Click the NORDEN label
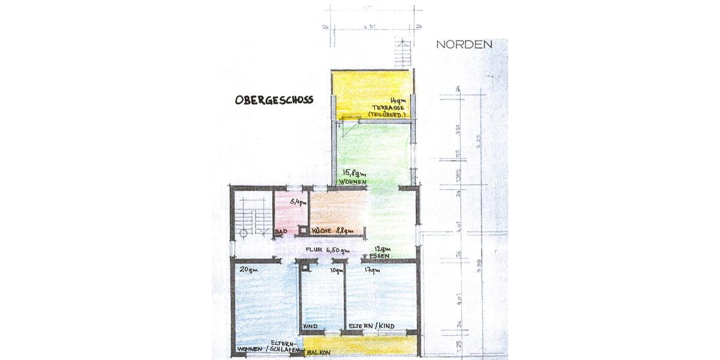tap(464, 44)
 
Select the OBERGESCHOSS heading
tap(274, 100)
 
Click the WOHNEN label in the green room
tap(353, 181)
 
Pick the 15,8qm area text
tap(353, 173)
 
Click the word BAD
tap(280, 232)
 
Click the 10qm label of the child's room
tap(336, 270)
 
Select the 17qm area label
tap(372, 270)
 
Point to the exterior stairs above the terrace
tap(401, 54)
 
